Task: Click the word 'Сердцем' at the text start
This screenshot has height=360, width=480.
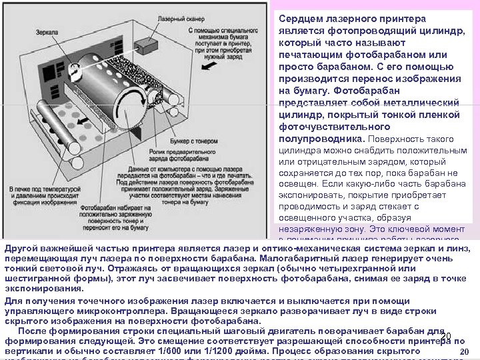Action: [x=300, y=19]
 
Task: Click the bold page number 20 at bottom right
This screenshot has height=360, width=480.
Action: [x=465, y=352]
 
